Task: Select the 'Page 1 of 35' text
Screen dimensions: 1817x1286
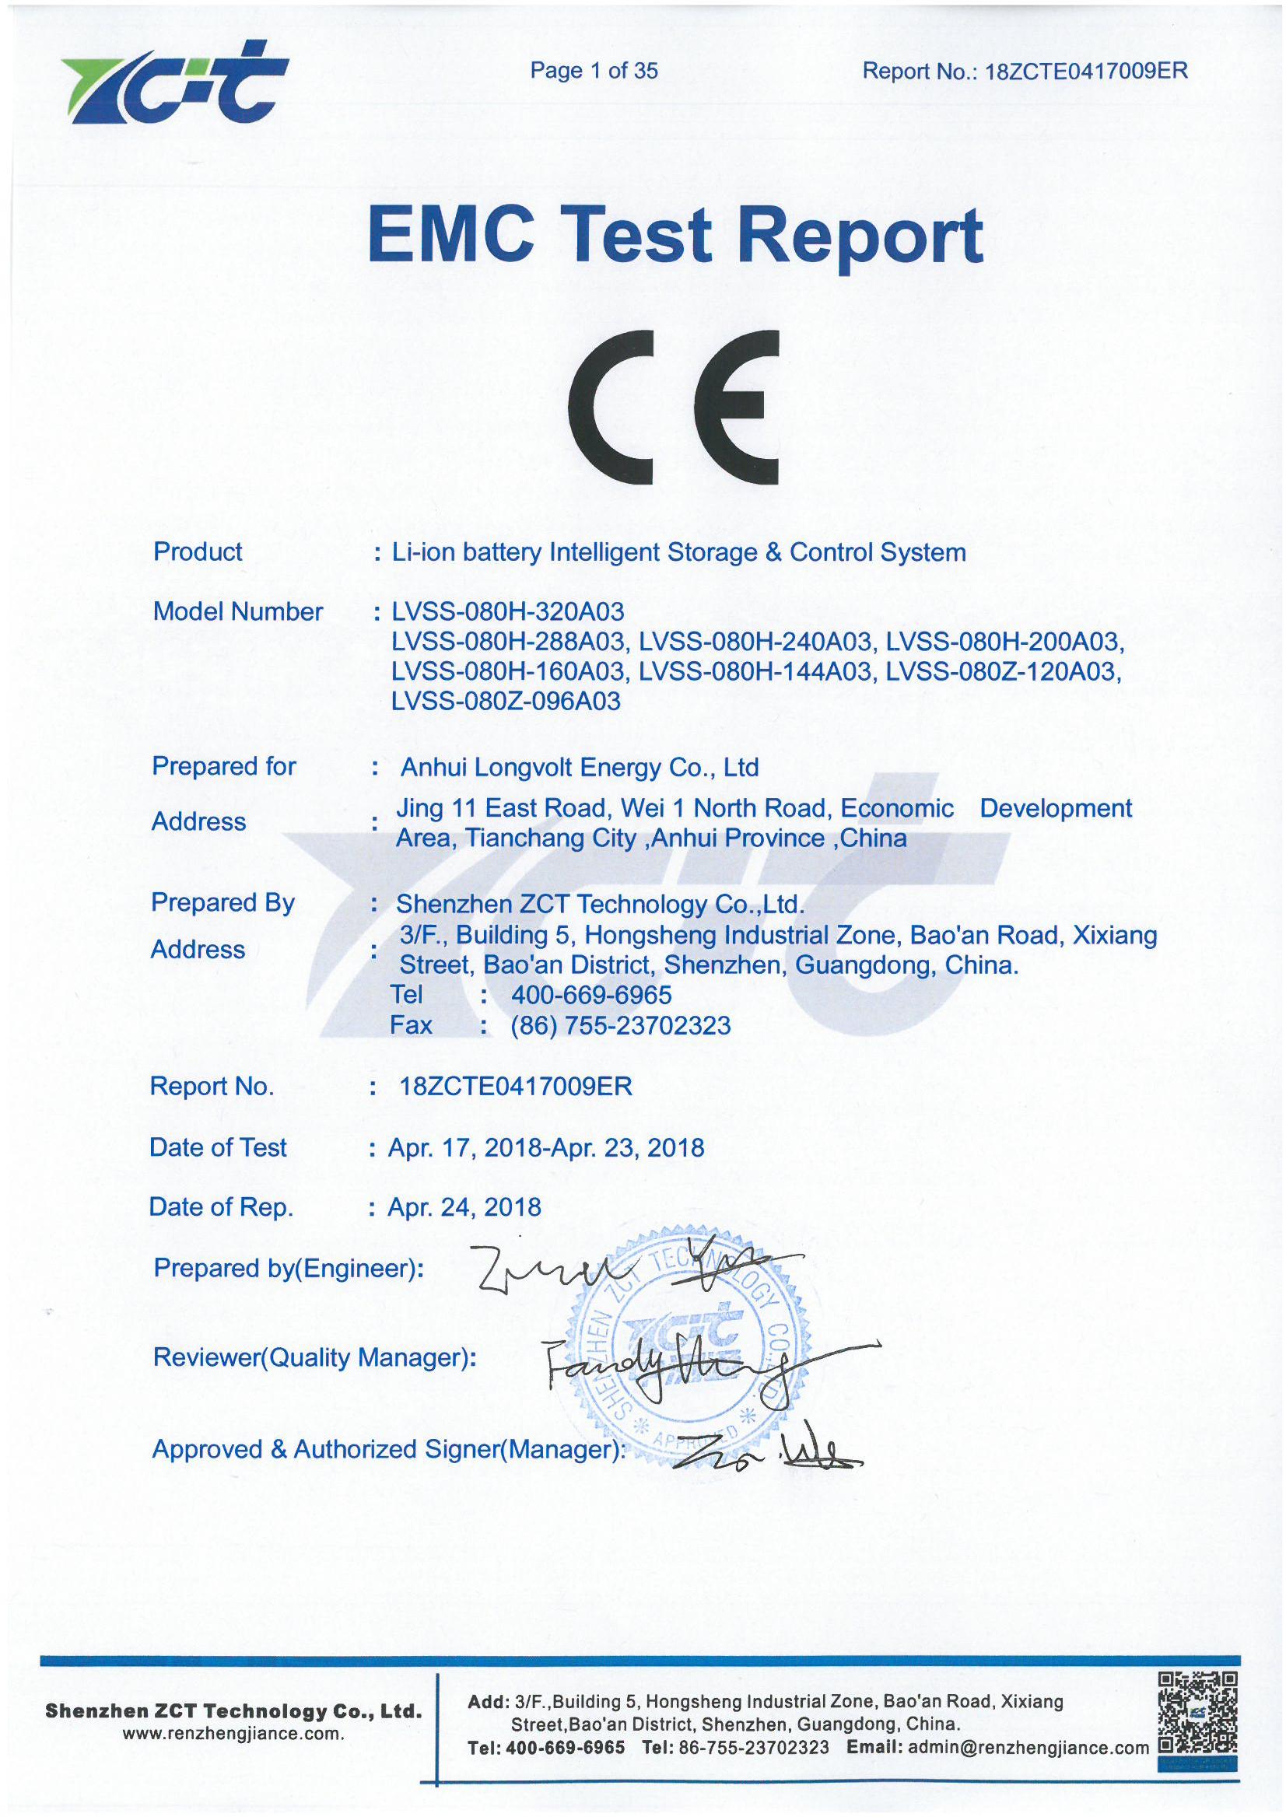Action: point(594,72)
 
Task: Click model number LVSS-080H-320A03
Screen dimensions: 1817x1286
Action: point(508,612)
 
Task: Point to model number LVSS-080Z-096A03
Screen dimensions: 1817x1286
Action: point(506,702)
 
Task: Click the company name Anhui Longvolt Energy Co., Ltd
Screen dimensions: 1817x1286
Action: point(580,767)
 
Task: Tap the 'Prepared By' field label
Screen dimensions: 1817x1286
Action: point(223,902)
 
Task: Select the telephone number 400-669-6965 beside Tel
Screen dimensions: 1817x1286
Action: point(591,994)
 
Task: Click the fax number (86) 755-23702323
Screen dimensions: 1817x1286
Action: point(621,1025)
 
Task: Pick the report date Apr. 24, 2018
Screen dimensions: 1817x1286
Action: point(464,1206)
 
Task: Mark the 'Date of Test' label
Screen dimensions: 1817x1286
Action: point(218,1147)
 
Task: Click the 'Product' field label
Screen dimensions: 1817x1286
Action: point(198,551)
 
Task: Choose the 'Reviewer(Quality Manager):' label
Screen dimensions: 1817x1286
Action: point(314,1358)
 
